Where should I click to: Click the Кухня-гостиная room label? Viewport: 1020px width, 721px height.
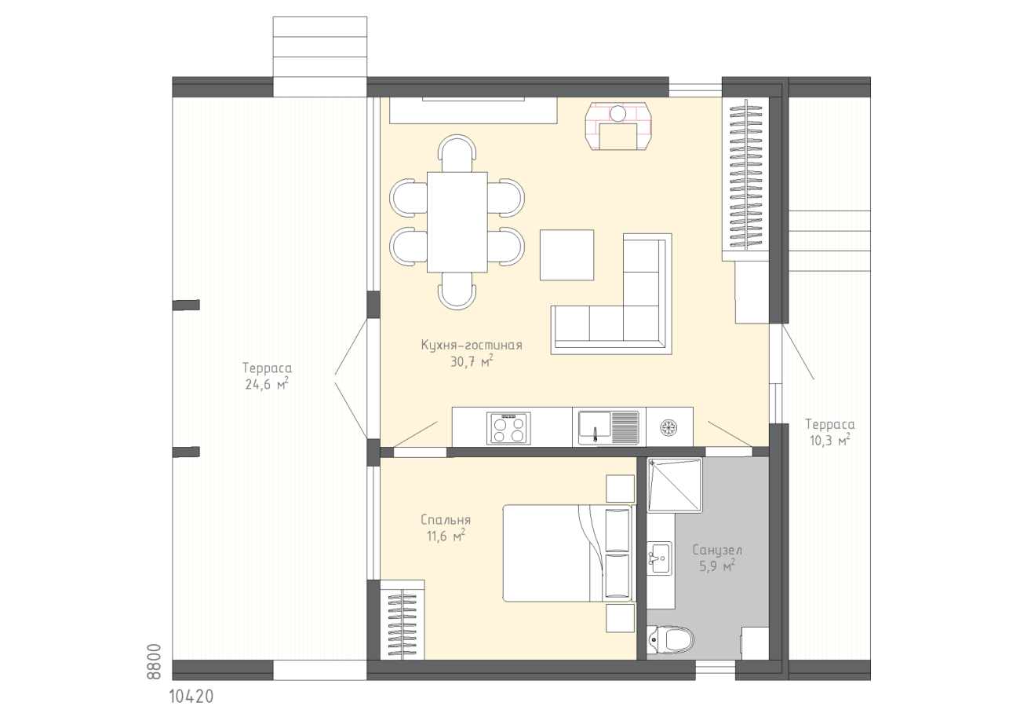(x=472, y=345)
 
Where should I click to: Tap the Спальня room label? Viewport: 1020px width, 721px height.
(x=446, y=520)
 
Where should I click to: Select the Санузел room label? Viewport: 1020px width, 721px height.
(x=717, y=551)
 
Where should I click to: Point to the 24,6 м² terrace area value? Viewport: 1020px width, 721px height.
(x=267, y=384)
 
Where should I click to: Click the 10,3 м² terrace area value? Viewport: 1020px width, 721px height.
(x=829, y=441)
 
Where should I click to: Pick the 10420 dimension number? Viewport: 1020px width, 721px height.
(x=191, y=697)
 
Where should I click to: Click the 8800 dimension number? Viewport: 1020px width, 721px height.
(x=155, y=662)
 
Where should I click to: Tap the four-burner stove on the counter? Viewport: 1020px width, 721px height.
(x=508, y=428)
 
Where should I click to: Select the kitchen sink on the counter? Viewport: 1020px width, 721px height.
(x=609, y=427)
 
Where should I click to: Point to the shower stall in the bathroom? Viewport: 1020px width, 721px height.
(x=675, y=485)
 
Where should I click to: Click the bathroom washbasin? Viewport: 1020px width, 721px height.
(x=659, y=558)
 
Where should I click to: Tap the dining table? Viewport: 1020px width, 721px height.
(x=457, y=222)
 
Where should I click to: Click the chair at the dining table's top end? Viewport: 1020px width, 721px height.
(x=457, y=152)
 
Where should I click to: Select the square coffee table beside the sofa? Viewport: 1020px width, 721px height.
(x=567, y=254)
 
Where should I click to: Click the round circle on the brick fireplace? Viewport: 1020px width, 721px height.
(x=618, y=113)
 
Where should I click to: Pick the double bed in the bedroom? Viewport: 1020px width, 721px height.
(x=567, y=553)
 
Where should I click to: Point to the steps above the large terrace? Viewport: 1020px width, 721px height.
(x=319, y=57)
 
